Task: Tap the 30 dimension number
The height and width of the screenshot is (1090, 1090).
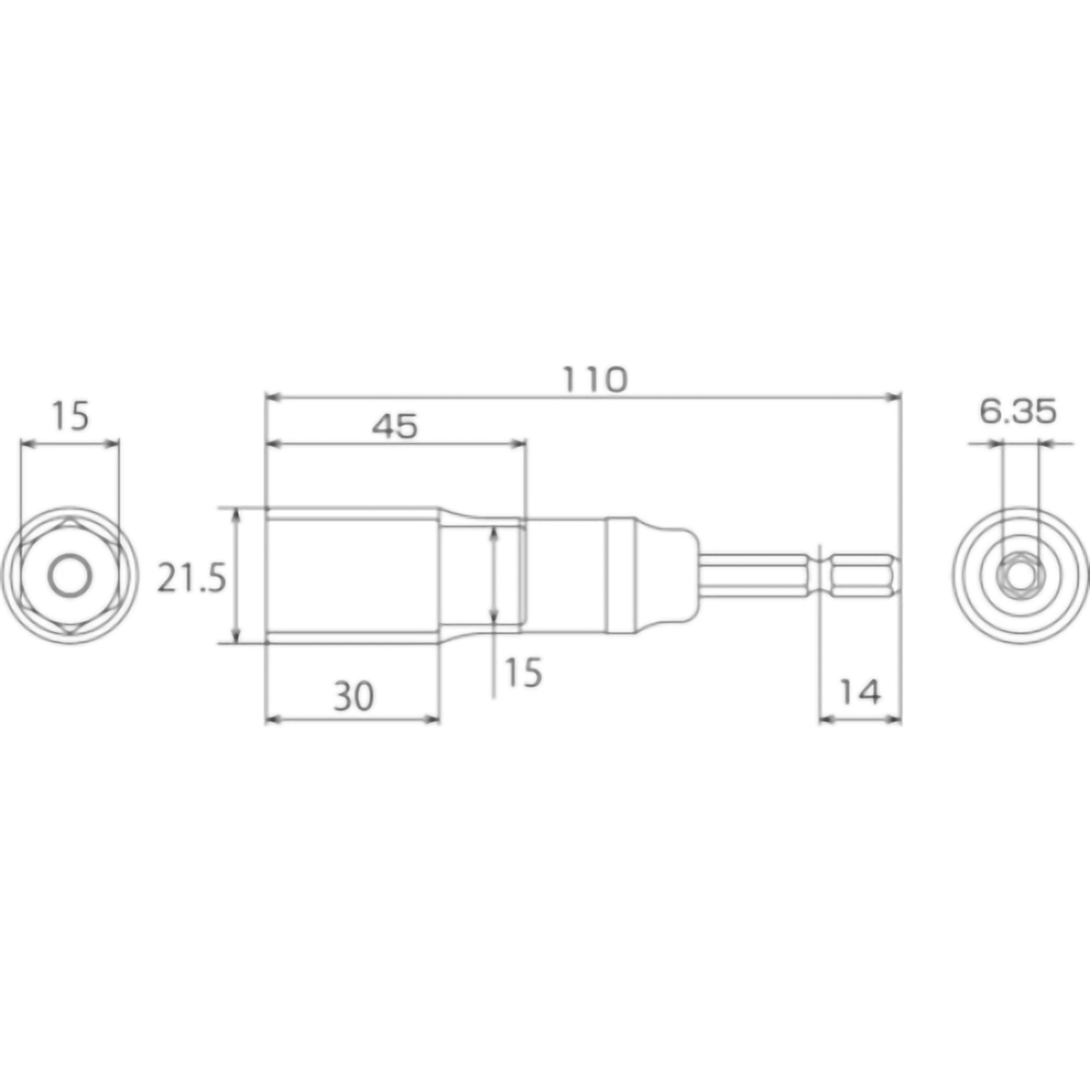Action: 352,697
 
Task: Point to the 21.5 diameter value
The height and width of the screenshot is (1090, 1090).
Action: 191,578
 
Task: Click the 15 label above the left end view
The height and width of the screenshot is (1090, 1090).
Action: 70,417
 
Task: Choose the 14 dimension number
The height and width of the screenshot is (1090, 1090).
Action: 859,693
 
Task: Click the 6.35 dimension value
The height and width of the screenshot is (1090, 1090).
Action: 1017,412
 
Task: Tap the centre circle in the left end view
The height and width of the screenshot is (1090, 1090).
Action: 69,576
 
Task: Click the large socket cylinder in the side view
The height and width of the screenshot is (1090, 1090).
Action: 352,576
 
